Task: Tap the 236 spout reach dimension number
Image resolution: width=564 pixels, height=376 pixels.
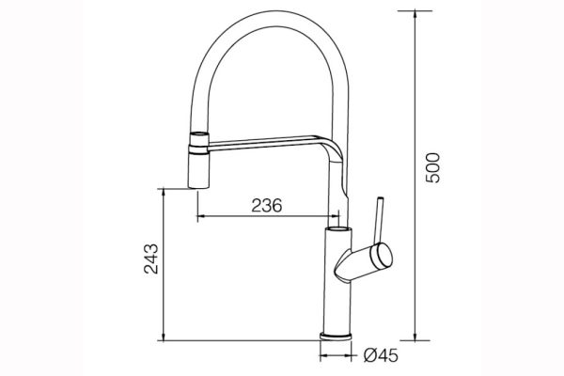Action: coord(266,206)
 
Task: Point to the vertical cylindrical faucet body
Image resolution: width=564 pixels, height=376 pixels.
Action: coord(337,282)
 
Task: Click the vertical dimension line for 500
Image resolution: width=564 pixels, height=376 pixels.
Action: coord(415,179)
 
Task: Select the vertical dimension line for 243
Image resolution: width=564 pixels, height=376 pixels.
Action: coord(164,263)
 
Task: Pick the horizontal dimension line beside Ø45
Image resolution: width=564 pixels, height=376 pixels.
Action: coord(338,356)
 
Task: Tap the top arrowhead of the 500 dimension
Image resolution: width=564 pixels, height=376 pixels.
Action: coord(415,12)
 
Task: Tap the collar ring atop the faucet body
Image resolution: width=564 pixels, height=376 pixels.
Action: coord(337,228)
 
